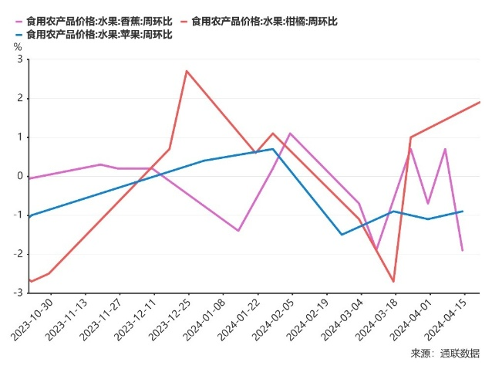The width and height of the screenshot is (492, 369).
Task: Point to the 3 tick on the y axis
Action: (19, 59)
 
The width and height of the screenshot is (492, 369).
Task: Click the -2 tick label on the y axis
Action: (17, 254)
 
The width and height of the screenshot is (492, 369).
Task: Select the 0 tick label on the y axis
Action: (19, 176)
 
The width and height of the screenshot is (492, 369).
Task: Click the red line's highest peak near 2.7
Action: (187, 71)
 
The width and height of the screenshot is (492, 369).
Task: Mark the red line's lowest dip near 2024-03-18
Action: (393, 281)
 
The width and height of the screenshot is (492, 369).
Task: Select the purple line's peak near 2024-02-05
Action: (290, 134)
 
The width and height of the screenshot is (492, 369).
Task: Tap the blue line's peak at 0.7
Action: (273, 149)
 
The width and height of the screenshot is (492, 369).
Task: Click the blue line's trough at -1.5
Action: (342, 235)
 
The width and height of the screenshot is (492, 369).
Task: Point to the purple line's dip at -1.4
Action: (238, 231)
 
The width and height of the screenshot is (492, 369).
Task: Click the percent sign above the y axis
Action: (18, 46)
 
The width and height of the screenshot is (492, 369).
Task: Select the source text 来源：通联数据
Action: (445, 354)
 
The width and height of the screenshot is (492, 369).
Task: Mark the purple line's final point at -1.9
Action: (463, 250)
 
